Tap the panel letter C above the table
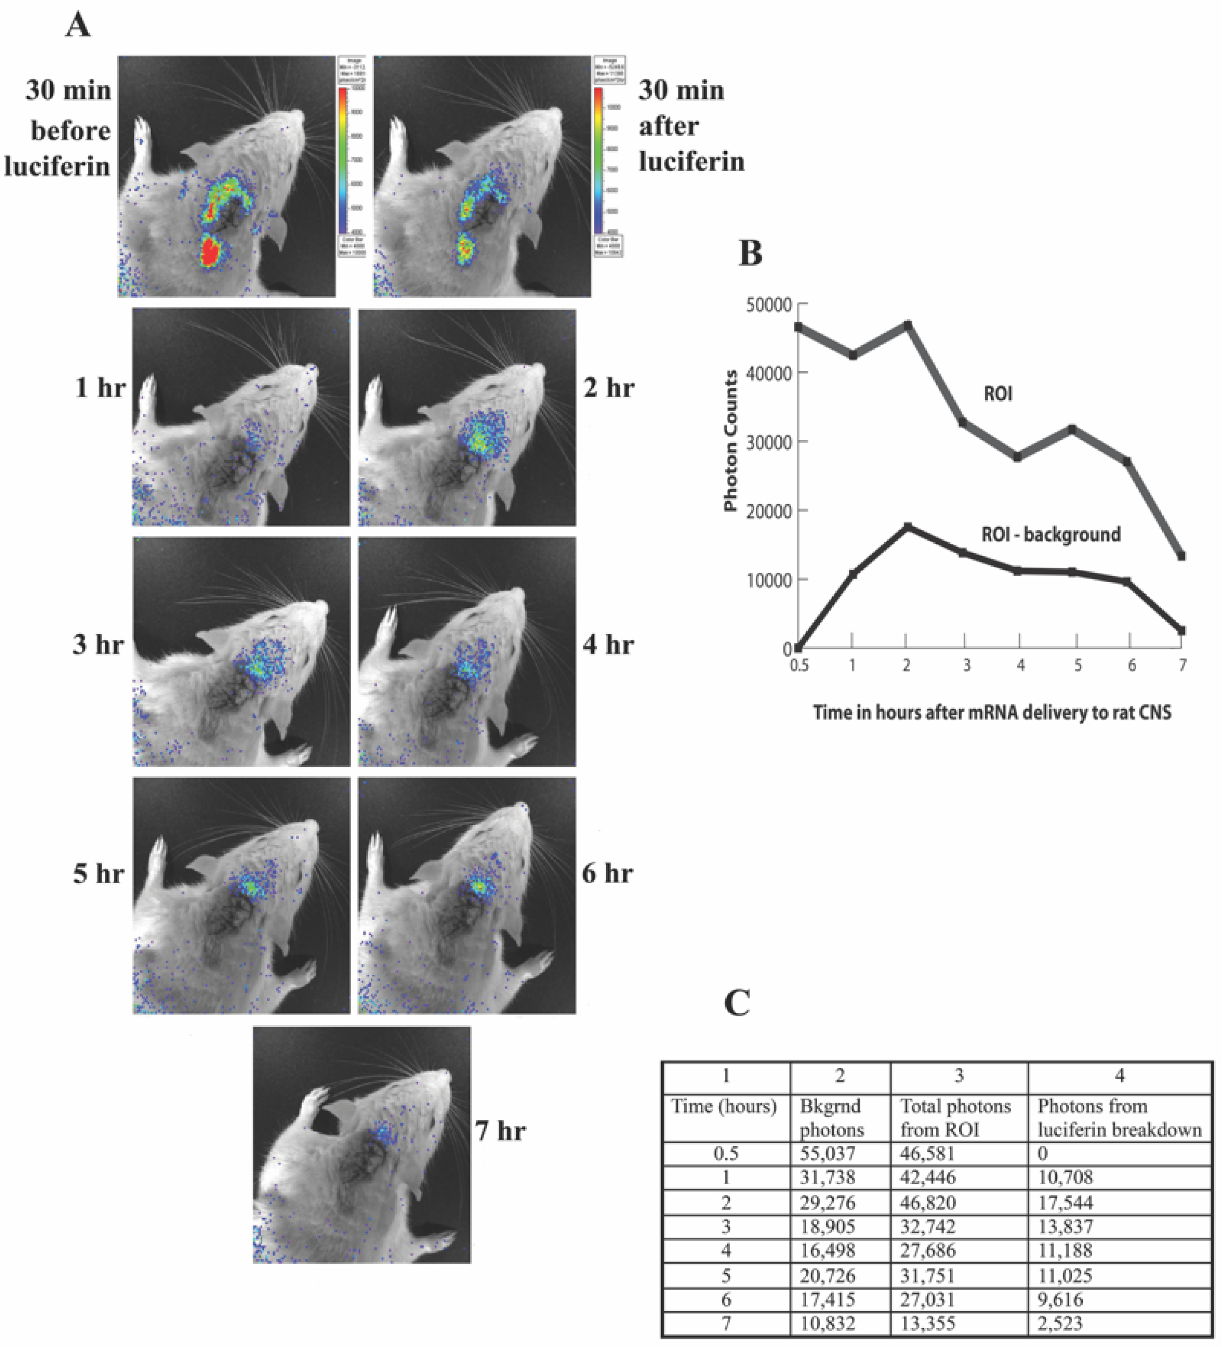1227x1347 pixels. (x=737, y=1002)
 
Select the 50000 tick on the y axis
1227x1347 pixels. (x=768, y=305)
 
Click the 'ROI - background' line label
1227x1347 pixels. (x=1050, y=534)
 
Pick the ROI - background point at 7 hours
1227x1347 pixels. (x=1181, y=630)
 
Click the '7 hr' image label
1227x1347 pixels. (x=501, y=1131)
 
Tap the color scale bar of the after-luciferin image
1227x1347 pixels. (x=598, y=160)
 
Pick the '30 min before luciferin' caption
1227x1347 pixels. (x=60, y=128)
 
